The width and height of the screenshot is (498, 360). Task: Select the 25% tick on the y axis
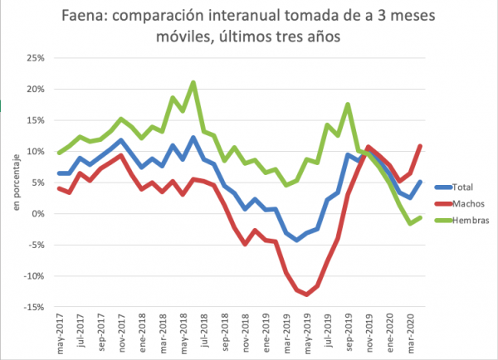(34, 57)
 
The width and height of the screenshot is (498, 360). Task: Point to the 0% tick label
(37, 213)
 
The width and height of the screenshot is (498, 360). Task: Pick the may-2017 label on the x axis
(59, 334)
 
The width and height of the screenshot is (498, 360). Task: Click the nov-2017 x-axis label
(121, 334)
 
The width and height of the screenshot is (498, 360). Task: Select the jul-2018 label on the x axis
(203, 334)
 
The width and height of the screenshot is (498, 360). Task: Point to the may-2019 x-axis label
(306, 334)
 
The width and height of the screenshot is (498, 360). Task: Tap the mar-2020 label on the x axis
(409, 334)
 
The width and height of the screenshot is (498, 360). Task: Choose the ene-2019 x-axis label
(266, 334)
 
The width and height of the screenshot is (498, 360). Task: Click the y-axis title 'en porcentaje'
(16, 182)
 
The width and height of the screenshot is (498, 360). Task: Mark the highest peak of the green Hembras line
(193, 83)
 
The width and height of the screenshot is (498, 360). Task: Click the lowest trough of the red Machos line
(306, 294)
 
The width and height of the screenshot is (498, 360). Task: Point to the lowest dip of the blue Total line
(296, 240)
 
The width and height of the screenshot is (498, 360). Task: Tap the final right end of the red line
(420, 146)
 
